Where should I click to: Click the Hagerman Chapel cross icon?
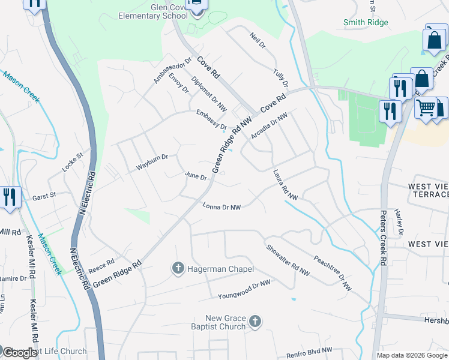(x=178, y=268)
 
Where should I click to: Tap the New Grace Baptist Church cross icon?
(x=255, y=322)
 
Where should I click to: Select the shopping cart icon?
(x=426, y=109)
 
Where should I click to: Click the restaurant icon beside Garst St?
(x=9, y=197)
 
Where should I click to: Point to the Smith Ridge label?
(x=366, y=22)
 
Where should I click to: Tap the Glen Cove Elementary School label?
(x=153, y=11)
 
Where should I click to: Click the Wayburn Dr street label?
(x=152, y=163)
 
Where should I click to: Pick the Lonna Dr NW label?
(x=222, y=207)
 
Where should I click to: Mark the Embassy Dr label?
(x=211, y=119)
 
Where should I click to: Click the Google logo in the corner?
(x=20, y=353)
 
